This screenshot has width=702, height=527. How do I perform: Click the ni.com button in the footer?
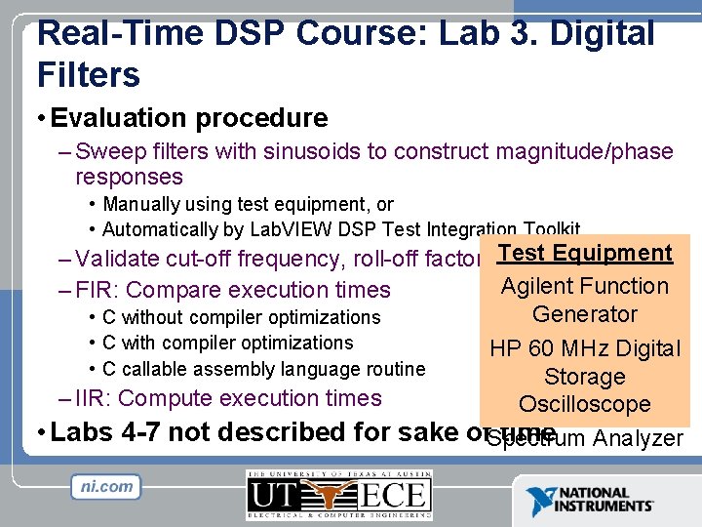tap(106, 486)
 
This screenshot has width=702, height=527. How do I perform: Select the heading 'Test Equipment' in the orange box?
tap(584, 253)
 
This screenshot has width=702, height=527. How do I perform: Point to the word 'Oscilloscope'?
tap(584, 404)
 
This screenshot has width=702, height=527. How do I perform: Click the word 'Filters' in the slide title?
tap(89, 73)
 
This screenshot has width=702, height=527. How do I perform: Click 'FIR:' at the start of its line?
tap(97, 290)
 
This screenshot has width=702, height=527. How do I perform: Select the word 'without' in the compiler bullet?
tap(154, 317)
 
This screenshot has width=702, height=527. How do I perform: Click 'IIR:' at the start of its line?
tap(95, 398)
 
